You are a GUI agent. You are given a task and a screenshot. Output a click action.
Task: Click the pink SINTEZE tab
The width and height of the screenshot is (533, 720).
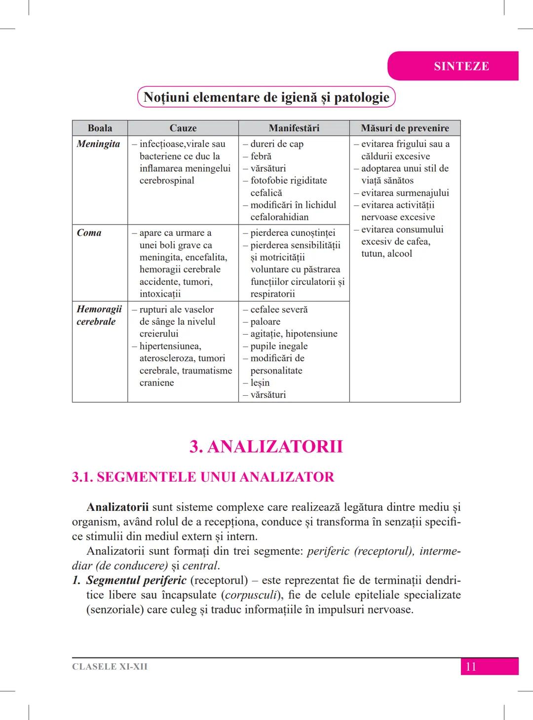461,66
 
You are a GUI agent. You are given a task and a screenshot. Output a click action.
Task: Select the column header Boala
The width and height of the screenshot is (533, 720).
100,128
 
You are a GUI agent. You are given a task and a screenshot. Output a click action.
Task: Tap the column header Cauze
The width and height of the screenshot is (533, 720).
183,128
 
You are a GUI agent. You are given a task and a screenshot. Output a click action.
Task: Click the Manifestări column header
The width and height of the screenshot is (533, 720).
294,128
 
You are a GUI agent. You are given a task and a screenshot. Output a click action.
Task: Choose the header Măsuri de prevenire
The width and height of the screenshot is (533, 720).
405,128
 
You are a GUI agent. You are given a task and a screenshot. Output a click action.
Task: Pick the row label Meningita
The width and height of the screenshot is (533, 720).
98,144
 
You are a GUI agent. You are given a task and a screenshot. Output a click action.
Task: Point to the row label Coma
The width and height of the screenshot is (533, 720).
89,232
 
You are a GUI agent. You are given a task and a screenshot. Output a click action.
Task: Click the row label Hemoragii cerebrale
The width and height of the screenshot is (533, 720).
99,315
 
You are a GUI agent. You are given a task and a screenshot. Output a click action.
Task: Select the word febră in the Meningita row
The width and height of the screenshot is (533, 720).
261,156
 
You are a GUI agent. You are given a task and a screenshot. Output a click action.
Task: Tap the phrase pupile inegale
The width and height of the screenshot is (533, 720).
279,346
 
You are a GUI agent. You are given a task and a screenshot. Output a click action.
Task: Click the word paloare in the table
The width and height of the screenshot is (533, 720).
265,321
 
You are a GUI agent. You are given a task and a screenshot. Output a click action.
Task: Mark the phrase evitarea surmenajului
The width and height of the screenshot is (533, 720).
405,192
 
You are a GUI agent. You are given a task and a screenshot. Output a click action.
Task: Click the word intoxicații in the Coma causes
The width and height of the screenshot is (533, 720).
160,294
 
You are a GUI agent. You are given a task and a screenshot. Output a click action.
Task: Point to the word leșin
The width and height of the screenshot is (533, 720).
260,382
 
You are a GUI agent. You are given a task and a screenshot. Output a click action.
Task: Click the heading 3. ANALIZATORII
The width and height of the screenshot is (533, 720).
266,446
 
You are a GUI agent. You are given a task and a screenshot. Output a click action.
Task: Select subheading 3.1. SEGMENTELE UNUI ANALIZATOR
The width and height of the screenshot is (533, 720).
203,477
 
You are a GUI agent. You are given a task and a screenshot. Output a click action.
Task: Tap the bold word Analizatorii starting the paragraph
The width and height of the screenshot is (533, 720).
117,507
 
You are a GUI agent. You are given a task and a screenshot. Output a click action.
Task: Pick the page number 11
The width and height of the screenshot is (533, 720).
471,667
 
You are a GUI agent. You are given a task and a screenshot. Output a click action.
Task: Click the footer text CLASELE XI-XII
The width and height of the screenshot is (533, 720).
110,667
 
